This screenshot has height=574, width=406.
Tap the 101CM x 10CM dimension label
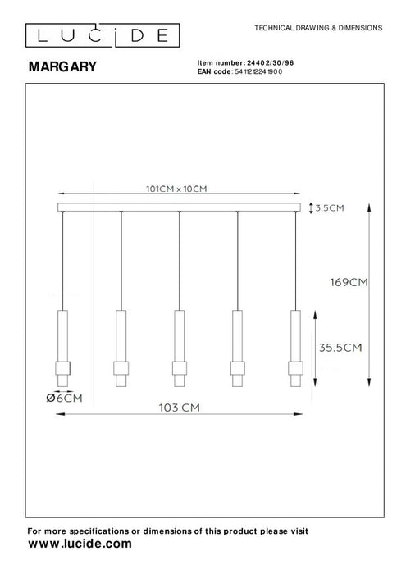[176, 189]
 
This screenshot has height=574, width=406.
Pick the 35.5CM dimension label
[341, 347]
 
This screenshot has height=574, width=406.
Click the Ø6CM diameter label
[65, 398]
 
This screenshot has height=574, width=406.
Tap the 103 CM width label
[178, 407]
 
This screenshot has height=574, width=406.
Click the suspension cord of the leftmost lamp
[62, 258]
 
